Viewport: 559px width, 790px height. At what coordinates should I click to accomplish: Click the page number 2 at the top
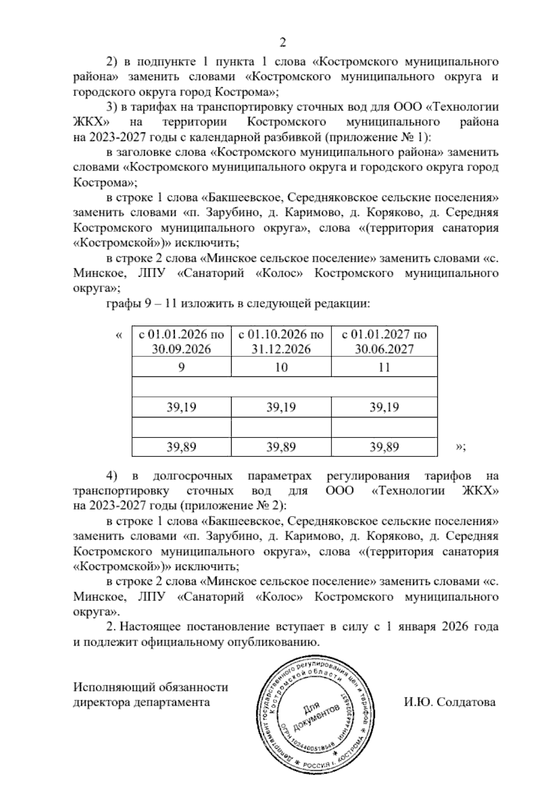282,43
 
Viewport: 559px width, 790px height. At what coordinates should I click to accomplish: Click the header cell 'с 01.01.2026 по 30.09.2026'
182,341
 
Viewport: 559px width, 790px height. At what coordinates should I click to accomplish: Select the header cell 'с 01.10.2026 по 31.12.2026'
281,341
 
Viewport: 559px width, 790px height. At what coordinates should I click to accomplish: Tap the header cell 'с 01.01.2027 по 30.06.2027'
384,341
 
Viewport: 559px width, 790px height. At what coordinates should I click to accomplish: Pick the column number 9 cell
182,367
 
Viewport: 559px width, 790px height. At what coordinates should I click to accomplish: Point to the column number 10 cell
281,367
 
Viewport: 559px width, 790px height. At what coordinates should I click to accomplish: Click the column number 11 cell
384,367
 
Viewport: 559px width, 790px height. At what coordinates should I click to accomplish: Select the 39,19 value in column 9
182,407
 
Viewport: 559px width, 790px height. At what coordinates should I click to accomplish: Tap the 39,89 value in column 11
384,447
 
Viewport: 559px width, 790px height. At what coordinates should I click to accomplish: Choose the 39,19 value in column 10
281,407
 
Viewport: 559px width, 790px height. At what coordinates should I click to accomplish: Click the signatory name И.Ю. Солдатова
450,702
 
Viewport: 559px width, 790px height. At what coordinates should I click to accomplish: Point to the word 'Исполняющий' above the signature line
112,688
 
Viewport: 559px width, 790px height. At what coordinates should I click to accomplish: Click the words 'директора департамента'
142,702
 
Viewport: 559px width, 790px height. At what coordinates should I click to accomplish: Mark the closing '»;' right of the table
460,447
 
